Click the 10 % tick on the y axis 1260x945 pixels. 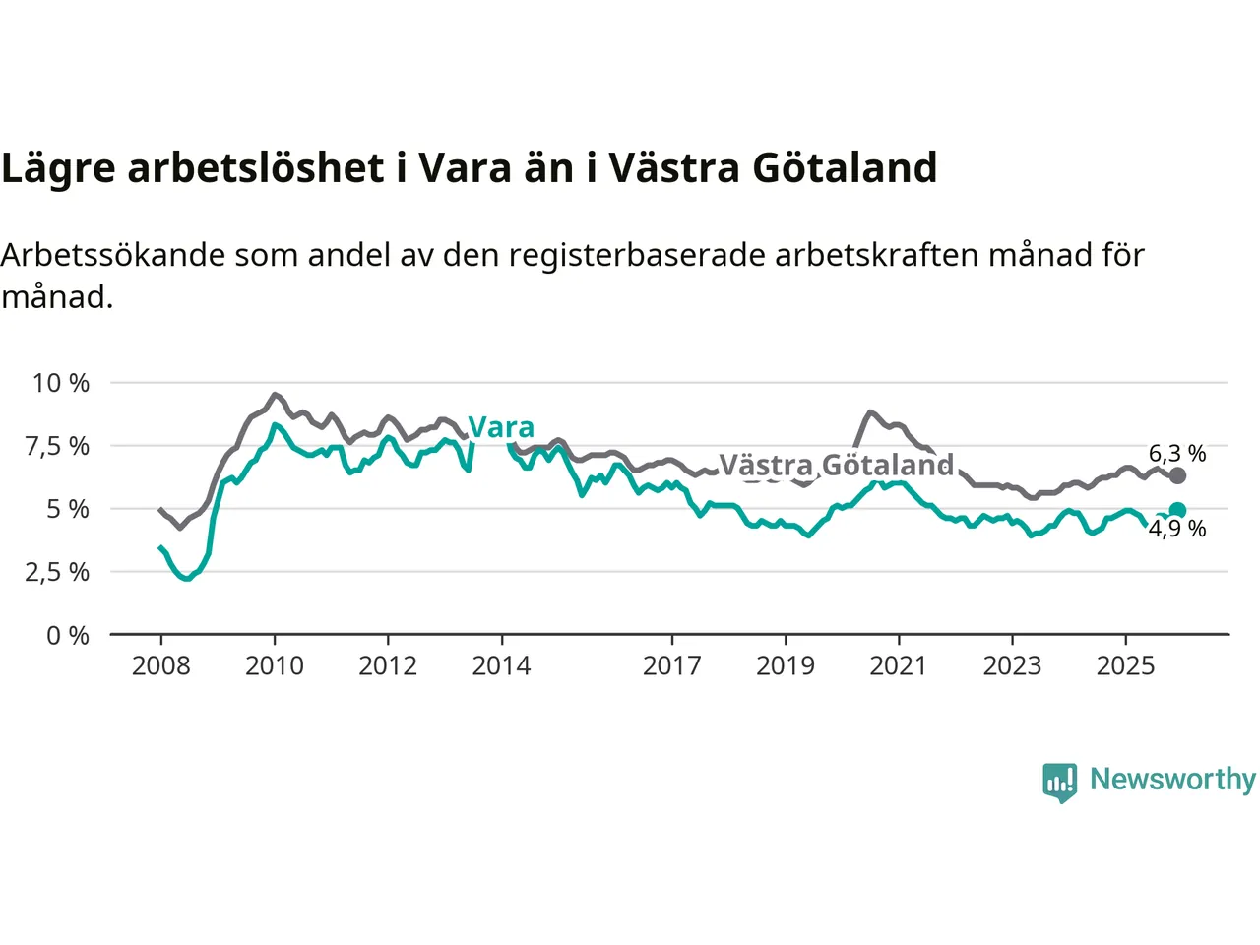(x=61, y=383)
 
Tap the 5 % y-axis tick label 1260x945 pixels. (x=68, y=509)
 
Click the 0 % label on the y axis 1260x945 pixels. (x=68, y=636)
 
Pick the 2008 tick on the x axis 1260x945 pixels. (x=161, y=666)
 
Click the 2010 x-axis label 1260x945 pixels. (x=275, y=666)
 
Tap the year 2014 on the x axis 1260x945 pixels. (x=501, y=666)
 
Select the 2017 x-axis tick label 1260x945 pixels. (x=671, y=666)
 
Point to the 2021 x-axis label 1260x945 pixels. (x=899, y=666)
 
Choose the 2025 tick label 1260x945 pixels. (x=1125, y=666)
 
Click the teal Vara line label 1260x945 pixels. (x=501, y=427)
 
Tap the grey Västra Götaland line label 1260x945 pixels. (x=837, y=465)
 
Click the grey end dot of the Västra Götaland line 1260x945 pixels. (x=1177, y=476)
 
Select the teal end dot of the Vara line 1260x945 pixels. (x=1177, y=510)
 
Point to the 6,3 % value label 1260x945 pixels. (x=1177, y=454)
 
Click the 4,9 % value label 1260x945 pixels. (x=1177, y=530)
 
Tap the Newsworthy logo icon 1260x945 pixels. (x=1060, y=783)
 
